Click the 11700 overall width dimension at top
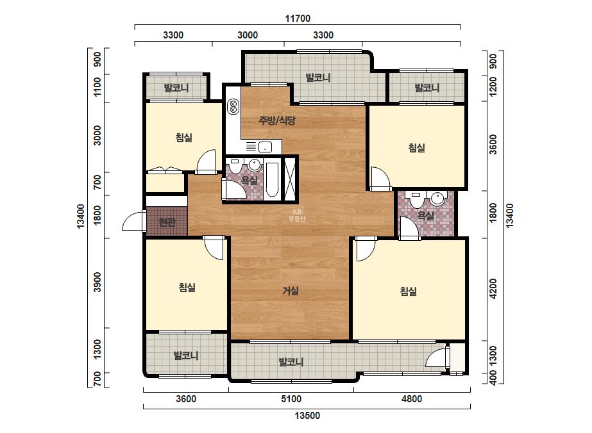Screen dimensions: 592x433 click(x=298, y=18)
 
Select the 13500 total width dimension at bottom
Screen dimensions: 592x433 click(x=307, y=415)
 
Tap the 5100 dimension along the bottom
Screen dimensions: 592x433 click(x=291, y=398)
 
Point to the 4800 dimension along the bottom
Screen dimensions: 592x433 click(x=412, y=398)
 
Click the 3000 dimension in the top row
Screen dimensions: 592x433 click(x=248, y=35)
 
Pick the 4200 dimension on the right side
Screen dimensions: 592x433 click(x=493, y=288)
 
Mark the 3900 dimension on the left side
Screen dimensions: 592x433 click(x=97, y=282)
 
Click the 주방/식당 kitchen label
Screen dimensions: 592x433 click(x=276, y=120)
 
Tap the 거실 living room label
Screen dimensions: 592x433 click(x=291, y=291)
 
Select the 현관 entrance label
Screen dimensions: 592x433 click(x=167, y=222)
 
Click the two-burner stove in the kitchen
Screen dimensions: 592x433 click(x=233, y=106)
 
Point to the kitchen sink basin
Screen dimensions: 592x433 click(x=265, y=147)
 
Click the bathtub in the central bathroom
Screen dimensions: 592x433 click(x=272, y=180)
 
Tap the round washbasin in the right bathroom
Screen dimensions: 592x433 click(x=437, y=199)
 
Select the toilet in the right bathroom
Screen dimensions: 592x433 click(x=416, y=199)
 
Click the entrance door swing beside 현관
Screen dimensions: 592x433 click(x=134, y=220)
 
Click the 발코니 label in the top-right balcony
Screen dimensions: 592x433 click(x=427, y=88)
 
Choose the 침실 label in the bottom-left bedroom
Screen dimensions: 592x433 click(x=187, y=288)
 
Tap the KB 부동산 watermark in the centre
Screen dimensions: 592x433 click(x=297, y=215)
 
